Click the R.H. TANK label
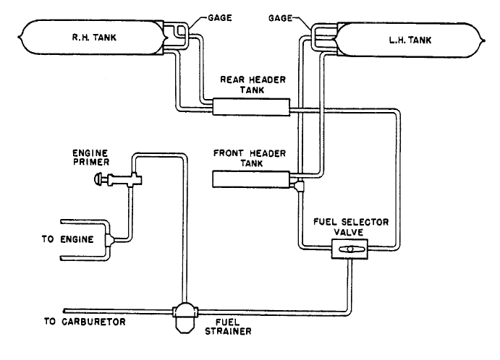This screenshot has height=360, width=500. [x=94, y=38]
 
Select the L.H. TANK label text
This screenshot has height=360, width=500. [x=410, y=40]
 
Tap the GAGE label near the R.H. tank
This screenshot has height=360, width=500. [x=220, y=18]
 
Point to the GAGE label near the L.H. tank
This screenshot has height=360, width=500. [x=280, y=18]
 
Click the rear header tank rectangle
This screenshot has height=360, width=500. [x=251, y=107]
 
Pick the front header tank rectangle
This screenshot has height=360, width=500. [x=251, y=179]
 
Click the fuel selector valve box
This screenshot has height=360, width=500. [x=349, y=249]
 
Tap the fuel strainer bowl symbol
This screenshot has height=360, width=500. [x=185, y=317]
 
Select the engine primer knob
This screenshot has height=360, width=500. [x=98, y=179]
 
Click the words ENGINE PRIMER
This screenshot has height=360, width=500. [x=91, y=158]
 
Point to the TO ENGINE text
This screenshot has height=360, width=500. [x=67, y=239]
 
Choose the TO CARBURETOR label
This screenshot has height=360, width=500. [x=85, y=322]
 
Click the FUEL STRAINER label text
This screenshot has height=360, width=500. [x=228, y=327]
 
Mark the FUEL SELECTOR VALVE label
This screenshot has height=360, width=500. [x=351, y=226]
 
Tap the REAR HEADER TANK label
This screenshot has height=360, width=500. [x=253, y=85]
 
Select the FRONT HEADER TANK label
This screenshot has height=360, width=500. [x=250, y=158]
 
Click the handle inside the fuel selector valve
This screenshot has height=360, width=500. [x=350, y=249]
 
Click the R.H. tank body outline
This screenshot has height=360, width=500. [x=93, y=20]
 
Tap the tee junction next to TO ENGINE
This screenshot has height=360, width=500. [x=110, y=239]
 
